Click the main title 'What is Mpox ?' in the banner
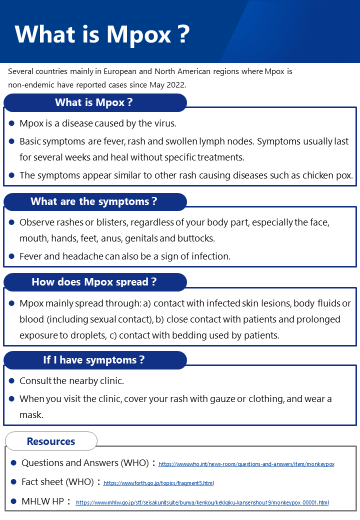pyautogui.click(x=102, y=34)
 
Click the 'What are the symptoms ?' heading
pyautogui.click(x=94, y=201)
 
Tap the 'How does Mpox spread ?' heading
pyautogui.click(x=94, y=281)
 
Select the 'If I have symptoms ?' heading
pyautogui.click(x=94, y=360)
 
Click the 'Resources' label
pyautogui.click(x=51, y=441)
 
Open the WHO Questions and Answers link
pyautogui.click(x=246, y=464)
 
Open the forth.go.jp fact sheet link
pyautogui.click(x=158, y=483)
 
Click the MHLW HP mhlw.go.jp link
pyautogui.click(x=202, y=502)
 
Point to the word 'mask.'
pyautogui.click(x=31, y=415)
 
